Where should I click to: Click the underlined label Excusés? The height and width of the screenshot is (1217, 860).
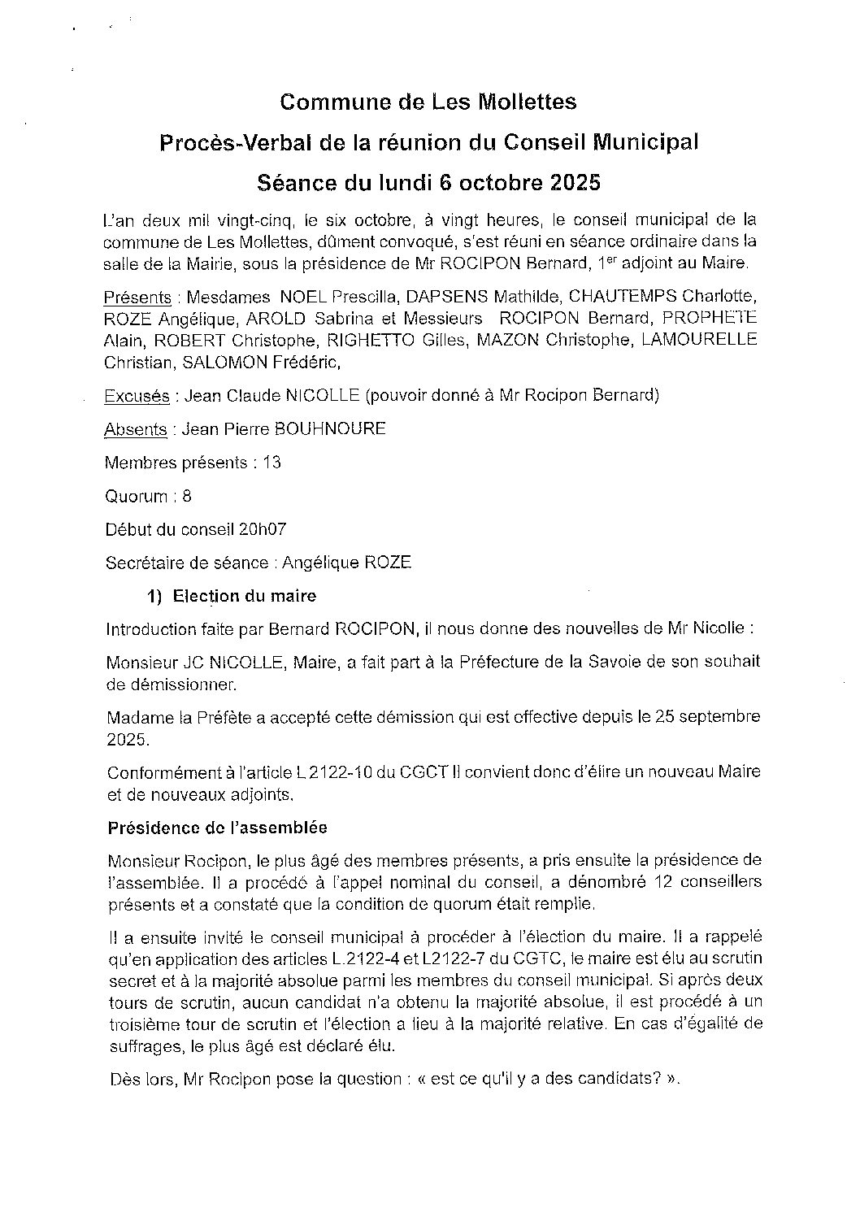tap(137, 396)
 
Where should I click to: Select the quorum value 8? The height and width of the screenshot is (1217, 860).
tap(187, 496)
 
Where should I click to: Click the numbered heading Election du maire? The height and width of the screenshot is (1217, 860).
tap(244, 596)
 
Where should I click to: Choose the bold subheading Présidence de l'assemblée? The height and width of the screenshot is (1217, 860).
tap(217, 828)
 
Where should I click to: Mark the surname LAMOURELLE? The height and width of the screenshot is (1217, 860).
tap(699, 339)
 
